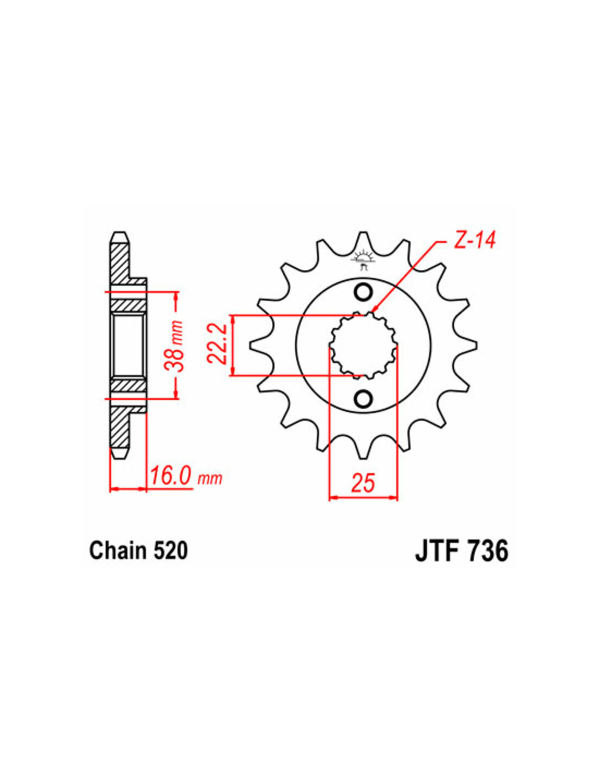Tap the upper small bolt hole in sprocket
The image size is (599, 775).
click(363, 292)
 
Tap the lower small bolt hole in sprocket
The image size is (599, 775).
click(363, 398)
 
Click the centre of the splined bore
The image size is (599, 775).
click(363, 345)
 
